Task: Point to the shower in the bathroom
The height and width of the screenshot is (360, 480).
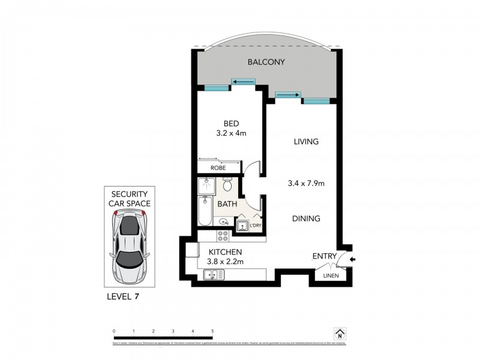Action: (x=206, y=187)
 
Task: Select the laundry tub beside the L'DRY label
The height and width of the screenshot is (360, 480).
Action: (x=244, y=226)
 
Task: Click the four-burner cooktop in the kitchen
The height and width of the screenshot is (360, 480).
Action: (x=223, y=236)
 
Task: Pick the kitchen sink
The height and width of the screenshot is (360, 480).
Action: (x=213, y=275)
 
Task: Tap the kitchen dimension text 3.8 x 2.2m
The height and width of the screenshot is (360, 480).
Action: (x=226, y=262)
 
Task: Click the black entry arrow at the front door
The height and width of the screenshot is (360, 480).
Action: (x=352, y=260)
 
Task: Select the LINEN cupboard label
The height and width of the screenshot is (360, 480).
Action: (x=331, y=276)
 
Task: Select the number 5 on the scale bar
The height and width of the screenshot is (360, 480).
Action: (x=212, y=331)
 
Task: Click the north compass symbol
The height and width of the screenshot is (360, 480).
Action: (x=340, y=334)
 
